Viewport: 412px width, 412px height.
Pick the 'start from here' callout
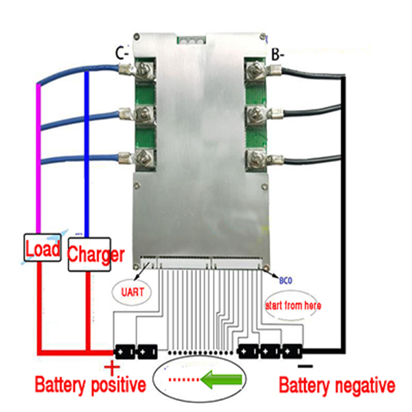pos(293,305)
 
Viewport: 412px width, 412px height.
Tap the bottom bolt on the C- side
pos(146,159)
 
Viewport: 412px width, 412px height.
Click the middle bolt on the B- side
pos(253,114)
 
